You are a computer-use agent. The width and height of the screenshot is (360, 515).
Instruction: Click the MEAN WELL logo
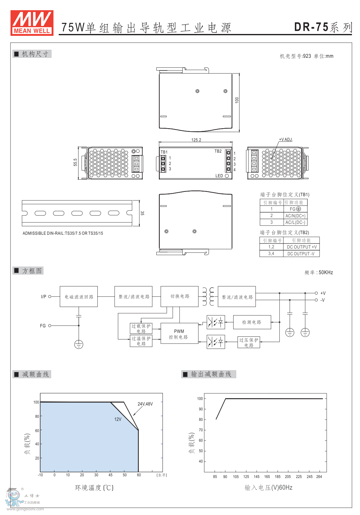click(x=32, y=23)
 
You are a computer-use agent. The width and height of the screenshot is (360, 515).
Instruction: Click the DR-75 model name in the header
click(x=311, y=27)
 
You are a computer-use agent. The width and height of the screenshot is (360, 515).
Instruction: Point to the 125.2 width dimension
click(x=196, y=140)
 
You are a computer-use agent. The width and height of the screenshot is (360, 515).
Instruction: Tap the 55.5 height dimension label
click(x=75, y=162)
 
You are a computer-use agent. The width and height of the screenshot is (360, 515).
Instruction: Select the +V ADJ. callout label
click(x=286, y=139)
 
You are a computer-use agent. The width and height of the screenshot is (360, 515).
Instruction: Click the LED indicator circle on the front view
click(x=227, y=176)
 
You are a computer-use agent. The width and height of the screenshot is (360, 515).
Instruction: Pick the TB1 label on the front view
click(x=164, y=152)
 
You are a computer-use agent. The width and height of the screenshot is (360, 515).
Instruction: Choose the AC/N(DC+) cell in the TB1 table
click(x=295, y=216)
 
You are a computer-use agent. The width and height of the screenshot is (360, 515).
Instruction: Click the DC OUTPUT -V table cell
click(x=301, y=254)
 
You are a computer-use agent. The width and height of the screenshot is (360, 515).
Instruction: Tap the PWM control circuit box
click(x=180, y=334)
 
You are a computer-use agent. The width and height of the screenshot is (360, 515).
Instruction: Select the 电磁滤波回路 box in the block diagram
click(x=79, y=297)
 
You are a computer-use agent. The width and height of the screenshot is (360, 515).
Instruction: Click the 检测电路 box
click(x=252, y=322)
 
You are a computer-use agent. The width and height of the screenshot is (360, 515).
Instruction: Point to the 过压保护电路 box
click(x=249, y=342)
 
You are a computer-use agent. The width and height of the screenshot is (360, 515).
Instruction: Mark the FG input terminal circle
click(x=50, y=326)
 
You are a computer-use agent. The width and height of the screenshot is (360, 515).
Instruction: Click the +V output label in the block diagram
click(x=323, y=293)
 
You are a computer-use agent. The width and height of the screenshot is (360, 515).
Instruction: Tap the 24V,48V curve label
click(x=145, y=404)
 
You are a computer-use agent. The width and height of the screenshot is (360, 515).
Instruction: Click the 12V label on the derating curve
click(x=118, y=419)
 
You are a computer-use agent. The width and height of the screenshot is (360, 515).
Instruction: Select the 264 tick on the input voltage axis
click(x=319, y=477)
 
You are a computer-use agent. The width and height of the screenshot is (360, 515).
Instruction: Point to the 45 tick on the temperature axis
click(x=110, y=475)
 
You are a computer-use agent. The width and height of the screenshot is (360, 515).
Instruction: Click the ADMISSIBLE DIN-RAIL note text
click(x=63, y=233)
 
